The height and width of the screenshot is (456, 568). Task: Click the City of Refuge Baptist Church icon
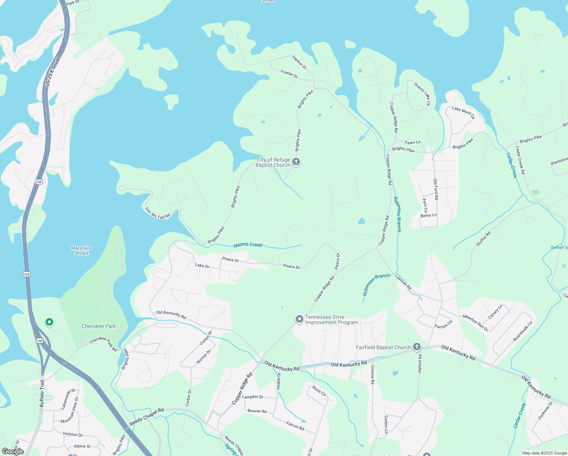click(296, 162)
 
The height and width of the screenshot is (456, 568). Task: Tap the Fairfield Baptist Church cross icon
click(417, 347)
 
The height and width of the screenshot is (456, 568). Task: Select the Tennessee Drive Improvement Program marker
click(300, 319)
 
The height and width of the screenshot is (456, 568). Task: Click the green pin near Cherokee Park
click(49, 323)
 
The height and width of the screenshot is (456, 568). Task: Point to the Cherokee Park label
click(99, 326)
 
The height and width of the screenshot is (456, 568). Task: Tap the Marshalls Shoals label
click(81, 251)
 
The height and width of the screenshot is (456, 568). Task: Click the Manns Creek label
click(248, 245)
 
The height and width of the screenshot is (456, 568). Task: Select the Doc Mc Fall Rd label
click(158, 213)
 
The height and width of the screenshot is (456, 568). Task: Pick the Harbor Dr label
click(299, 63)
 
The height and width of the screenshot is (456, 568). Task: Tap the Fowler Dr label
click(289, 74)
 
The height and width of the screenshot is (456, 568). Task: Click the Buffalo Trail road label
click(42, 394)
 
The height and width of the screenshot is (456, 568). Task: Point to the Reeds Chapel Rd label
click(147, 417)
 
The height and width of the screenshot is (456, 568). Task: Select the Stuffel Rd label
click(483, 239)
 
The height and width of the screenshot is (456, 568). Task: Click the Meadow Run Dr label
click(475, 323)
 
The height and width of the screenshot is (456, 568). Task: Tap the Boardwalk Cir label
click(523, 331)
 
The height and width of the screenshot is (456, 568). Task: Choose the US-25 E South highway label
click(52, 72)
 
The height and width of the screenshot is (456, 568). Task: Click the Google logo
click(13, 451)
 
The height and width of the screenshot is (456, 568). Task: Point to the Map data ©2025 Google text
click(544, 453)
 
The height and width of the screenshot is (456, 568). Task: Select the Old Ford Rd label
click(436, 189)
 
